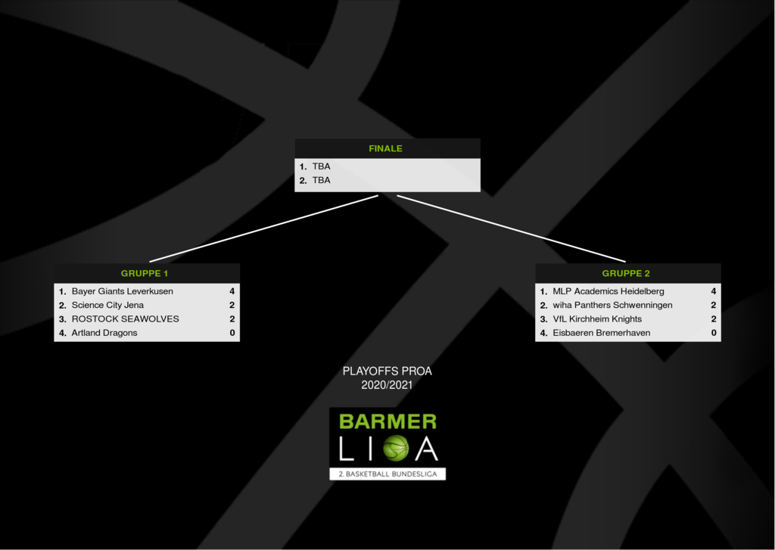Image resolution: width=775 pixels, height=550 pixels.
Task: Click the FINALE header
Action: [x=385, y=148]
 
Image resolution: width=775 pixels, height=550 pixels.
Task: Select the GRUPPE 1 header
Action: [x=145, y=273]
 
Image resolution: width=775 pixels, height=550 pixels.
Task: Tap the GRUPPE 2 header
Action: [x=626, y=273]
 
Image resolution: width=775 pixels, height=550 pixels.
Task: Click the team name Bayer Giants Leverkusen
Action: [x=122, y=291]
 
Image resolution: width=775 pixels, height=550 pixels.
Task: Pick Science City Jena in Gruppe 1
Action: [x=107, y=305]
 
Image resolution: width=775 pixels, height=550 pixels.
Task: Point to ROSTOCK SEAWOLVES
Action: [x=125, y=319]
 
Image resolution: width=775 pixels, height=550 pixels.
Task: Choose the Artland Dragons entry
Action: [x=104, y=333]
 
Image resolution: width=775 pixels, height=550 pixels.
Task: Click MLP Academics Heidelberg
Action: [x=608, y=291]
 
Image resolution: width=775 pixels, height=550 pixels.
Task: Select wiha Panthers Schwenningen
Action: [x=612, y=305]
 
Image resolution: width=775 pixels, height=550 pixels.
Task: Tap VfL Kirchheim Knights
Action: [x=597, y=319]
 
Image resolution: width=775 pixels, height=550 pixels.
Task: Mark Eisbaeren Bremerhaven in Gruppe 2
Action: [x=602, y=333]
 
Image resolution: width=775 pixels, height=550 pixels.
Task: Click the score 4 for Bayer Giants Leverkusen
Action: [x=232, y=291]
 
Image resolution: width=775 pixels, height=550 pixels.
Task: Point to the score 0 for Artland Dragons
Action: [x=232, y=333]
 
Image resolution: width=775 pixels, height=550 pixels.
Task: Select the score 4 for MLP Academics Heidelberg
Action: [x=713, y=291]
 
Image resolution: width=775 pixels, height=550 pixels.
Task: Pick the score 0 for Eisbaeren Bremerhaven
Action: [x=713, y=333]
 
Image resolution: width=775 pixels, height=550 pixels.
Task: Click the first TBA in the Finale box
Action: [x=321, y=166]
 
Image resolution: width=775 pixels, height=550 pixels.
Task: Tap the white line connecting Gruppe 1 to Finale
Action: [x=263, y=228]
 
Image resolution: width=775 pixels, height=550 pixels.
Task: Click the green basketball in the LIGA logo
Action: [x=395, y=448]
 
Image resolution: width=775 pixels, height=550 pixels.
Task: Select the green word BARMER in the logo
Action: [x=388, y=421]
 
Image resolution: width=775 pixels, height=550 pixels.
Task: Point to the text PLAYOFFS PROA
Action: [x=387, y=371]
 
